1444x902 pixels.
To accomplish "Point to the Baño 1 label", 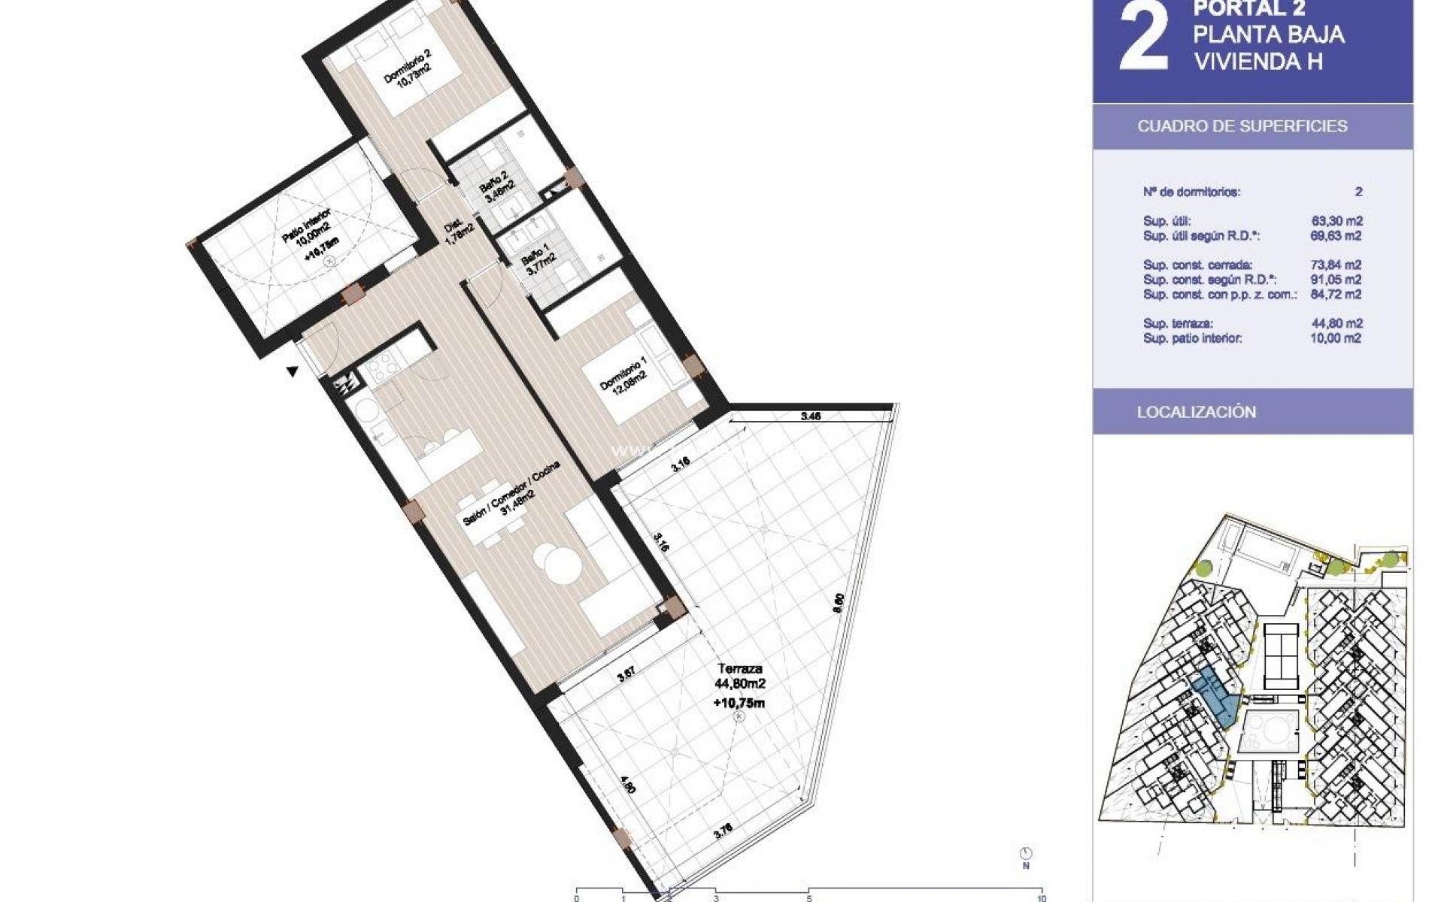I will pyautogui.click(x=538, y=262).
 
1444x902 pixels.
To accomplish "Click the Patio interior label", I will pyautogui.click(x=309, y=234).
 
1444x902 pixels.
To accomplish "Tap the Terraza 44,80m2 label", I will pyautogui.click(x=740, y=684).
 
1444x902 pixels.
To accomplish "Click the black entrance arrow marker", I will pyautogui.click(x=293, y=371).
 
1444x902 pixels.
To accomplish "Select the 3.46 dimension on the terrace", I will pyautogui.click(x=810, y=416).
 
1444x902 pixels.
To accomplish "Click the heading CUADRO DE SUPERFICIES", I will pyautogui.click(x=1242, y=126).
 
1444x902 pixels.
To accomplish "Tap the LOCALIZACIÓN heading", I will pyautogui.click(x=1196, y=412).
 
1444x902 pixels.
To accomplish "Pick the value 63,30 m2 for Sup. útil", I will pyautogui.click(x=1336, y=221).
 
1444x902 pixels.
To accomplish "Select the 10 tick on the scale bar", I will pyautogui.click(x=1041, y=897).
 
